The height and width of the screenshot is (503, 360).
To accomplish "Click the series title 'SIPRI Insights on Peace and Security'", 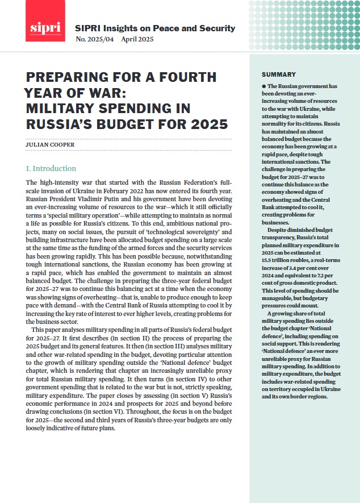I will pyautogui.click(x=155, y=28).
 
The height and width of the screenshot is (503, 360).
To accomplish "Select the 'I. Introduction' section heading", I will pyautogui.click(x=51, y=169).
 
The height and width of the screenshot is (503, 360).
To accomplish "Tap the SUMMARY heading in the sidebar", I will pyautogui.click(x=278, y=74).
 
